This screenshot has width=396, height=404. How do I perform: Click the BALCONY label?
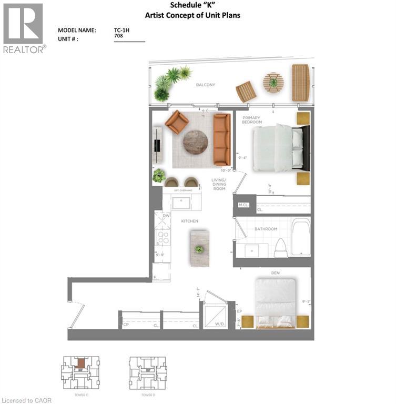coord(206,85)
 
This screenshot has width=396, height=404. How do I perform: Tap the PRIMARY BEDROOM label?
coord(251,119)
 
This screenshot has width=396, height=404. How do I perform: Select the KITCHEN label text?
coord(190,221)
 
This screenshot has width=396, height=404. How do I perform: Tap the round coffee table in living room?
coord(195,142)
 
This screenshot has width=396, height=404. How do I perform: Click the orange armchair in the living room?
coord(177,123)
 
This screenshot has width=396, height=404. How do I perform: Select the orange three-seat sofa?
coord(222,139)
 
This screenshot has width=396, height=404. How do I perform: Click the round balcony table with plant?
coord(273,82)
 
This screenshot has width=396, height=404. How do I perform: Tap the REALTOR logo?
coord(24,28)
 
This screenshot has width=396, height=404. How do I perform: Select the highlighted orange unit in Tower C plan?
coord(80,363)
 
